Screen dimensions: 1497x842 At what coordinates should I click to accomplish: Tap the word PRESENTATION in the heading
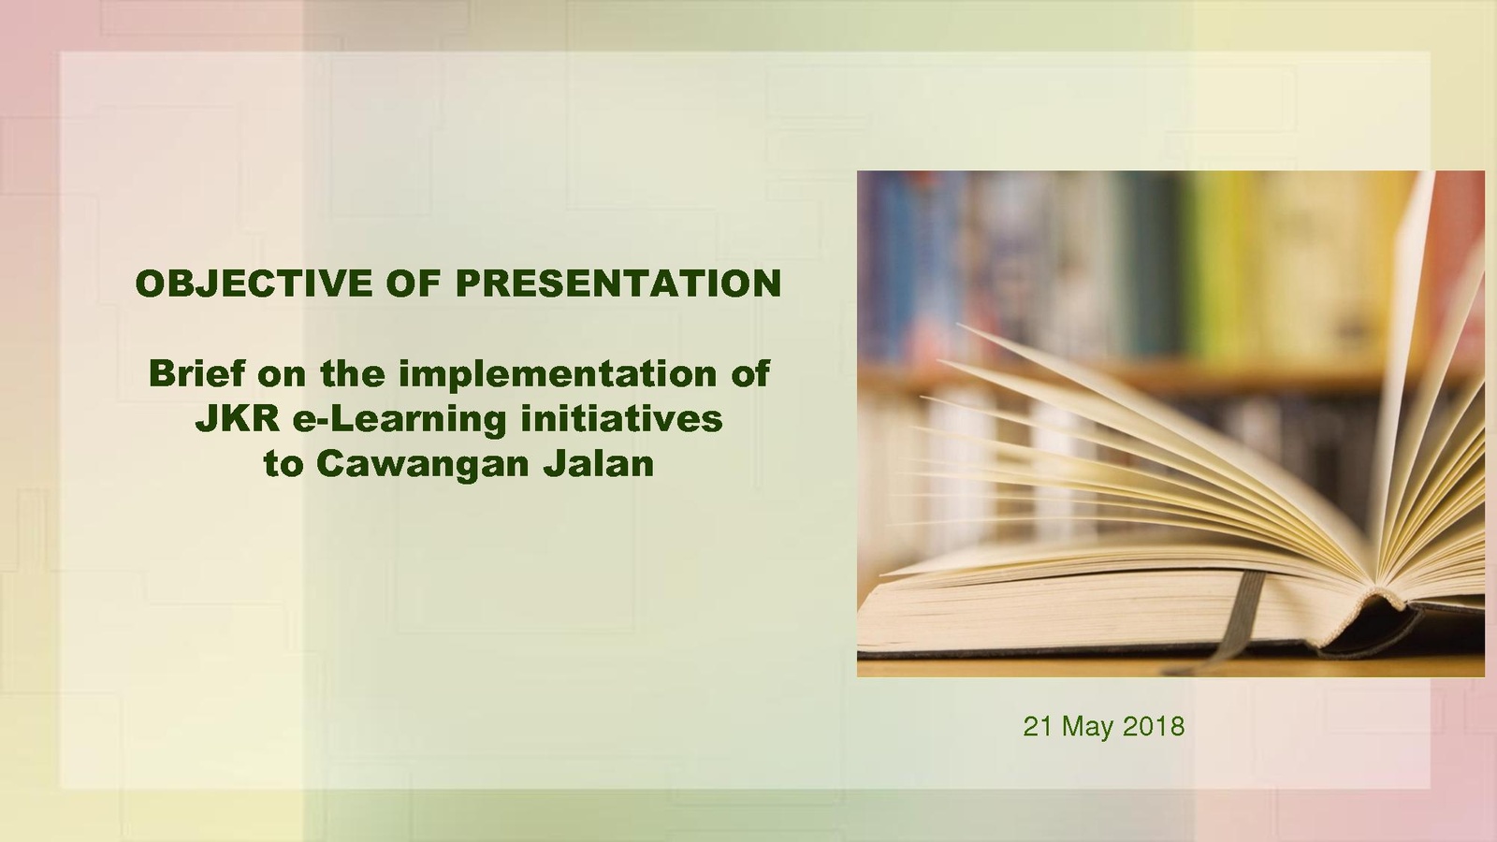[618, 283]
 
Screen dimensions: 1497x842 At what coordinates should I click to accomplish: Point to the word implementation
[558, 373]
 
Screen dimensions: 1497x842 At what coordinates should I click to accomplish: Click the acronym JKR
[238, 420]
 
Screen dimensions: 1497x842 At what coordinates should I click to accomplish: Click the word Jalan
[598, 464]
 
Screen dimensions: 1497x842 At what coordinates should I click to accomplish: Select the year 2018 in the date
[1154, 726]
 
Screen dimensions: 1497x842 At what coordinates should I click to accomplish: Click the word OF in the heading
[414, 283]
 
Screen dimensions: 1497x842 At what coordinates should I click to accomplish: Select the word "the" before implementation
[353, 373]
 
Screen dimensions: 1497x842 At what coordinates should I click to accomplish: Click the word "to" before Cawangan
[283, 465]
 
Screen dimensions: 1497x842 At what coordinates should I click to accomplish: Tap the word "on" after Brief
[283, 375]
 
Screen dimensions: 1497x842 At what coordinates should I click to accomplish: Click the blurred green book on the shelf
[1210, 268]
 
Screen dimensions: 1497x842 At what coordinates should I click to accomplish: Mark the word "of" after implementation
[749, 373]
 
